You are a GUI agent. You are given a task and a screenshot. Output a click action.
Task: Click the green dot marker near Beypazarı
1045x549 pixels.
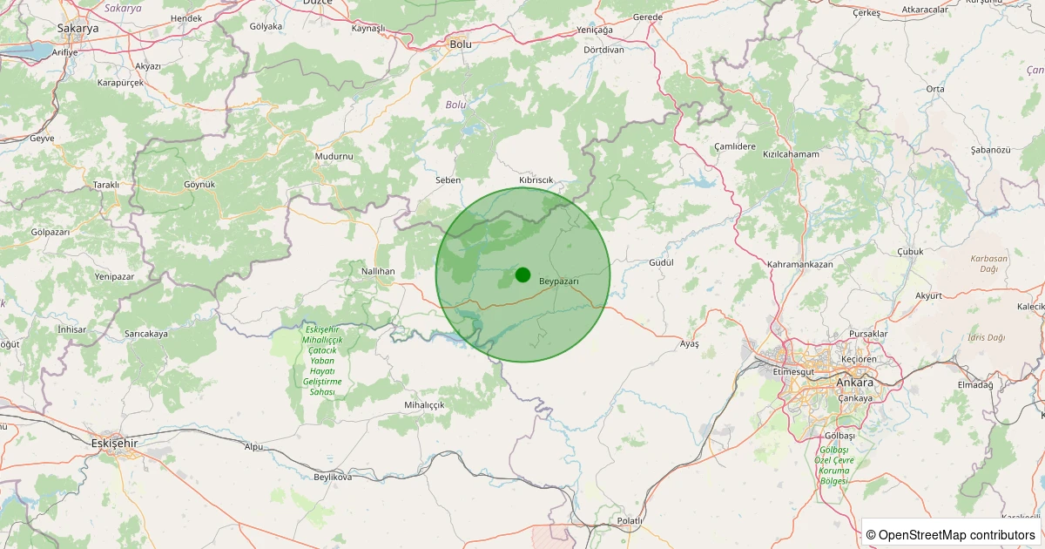coord(522,274)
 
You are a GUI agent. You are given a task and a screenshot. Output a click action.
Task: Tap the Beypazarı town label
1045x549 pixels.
coord(559,281)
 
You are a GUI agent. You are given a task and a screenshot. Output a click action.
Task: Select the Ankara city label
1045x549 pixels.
coord(853,383)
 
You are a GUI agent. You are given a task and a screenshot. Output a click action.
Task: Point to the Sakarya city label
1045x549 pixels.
coord(78,28)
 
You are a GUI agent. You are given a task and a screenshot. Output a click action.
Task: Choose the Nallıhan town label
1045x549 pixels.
coord(378,271)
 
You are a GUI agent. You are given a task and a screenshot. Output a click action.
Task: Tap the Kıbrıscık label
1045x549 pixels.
coord(536,180)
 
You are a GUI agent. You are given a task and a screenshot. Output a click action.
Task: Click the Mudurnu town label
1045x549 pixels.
coord(334,156)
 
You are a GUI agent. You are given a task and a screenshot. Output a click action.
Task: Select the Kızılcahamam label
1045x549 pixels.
coord(791,154)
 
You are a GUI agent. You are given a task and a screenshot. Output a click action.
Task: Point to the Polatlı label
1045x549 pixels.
coord(629,520)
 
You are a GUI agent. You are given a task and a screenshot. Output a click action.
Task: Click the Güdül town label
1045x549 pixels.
coord(662,262)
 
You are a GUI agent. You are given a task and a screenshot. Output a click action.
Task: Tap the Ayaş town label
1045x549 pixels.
coord(689,344)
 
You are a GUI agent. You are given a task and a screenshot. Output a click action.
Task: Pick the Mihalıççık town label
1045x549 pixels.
coord(424,405)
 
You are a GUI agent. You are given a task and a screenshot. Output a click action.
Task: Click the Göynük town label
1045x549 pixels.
coord(199,184)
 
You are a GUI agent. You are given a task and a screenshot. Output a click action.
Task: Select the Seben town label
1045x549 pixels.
coord(448,180)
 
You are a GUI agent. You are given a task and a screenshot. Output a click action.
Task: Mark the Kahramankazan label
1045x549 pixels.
coord(800,263)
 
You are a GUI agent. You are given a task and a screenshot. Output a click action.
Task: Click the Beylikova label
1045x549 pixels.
coord(333,478)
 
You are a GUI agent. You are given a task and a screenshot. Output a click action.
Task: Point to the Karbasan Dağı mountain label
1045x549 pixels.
coord(988,263)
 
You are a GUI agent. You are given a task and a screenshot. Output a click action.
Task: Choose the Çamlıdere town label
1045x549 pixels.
coord(734,146)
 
